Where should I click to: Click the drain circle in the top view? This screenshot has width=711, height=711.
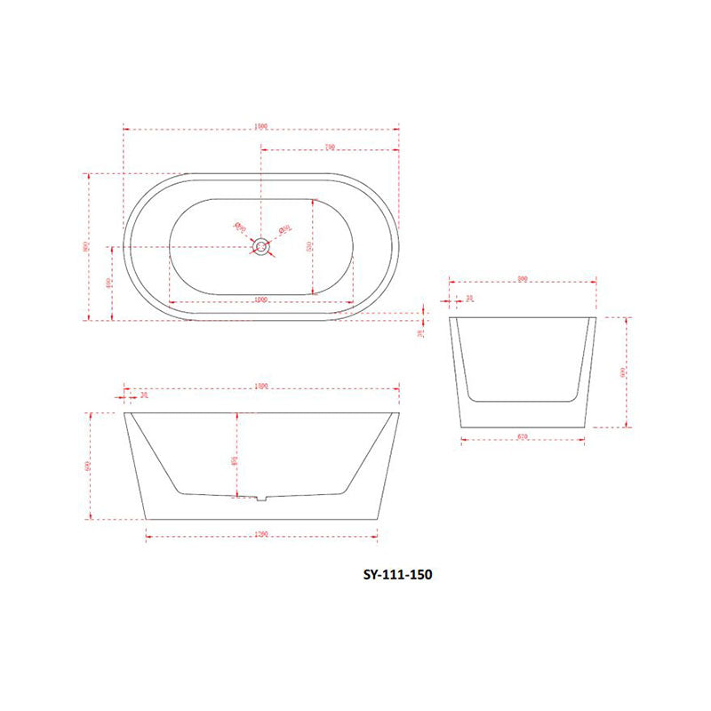[x=261, y=246]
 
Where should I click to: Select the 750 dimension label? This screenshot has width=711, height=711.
[x=329, y=147]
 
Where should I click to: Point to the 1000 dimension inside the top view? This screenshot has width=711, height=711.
[x=261, y=300]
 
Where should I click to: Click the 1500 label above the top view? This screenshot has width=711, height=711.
[x=261, y=126]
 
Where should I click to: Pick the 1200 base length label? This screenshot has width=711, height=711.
[x=261, y=533]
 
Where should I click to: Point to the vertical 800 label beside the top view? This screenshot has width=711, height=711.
[x=86, y=246]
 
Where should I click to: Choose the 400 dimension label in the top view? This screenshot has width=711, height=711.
[x=108, y=283]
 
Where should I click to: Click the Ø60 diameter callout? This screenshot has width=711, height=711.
[x=284, y=229]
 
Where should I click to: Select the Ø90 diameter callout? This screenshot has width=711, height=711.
[x=239, y=227]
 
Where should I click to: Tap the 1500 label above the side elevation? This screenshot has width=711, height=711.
[x=261, y=387]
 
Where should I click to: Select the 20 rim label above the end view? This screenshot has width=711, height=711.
[x=470, y=299]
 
